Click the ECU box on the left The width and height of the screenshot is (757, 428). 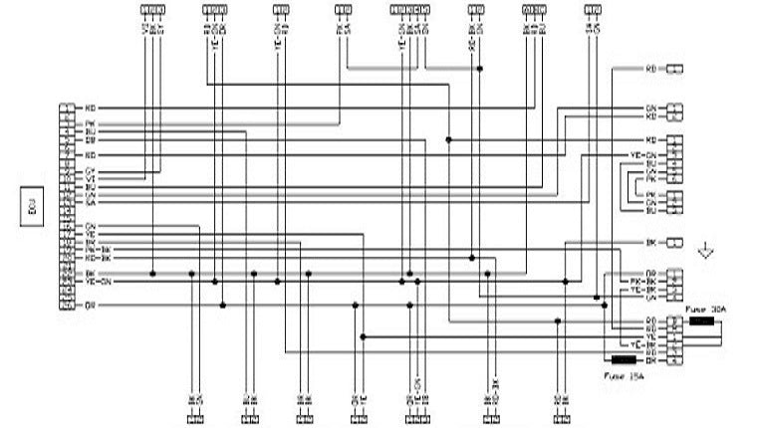tap(31, 212)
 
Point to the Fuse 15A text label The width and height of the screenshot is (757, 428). tap(626, 375)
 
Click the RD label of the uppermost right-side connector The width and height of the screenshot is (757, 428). tap(650, 69)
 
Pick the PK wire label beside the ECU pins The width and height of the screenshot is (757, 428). tap(90, 123)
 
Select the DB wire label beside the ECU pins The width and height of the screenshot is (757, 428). tap(90, 140)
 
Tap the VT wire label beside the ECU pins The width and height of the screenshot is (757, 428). tap(90, 179)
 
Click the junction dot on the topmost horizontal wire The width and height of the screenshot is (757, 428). tap(480, 69)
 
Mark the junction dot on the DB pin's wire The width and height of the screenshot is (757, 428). tap(448, 140)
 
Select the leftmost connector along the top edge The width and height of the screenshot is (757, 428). tap(152, 9)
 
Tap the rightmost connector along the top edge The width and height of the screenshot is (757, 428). tap(593, 9)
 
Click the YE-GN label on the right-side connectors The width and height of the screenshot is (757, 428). tap(645, 156)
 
